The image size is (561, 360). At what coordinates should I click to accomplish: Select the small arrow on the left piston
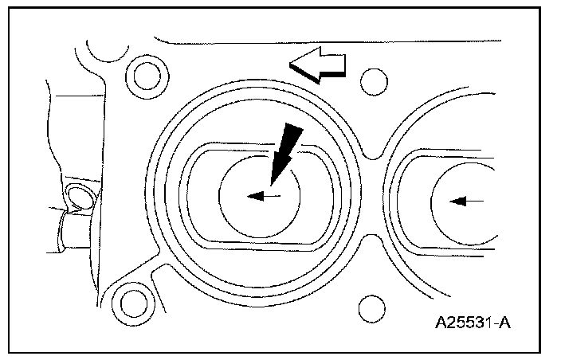click(x=263, y=196)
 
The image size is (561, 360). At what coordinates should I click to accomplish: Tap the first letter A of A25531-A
click(x=441, y=324)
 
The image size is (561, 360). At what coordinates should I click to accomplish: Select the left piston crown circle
click(x=260, y=194)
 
